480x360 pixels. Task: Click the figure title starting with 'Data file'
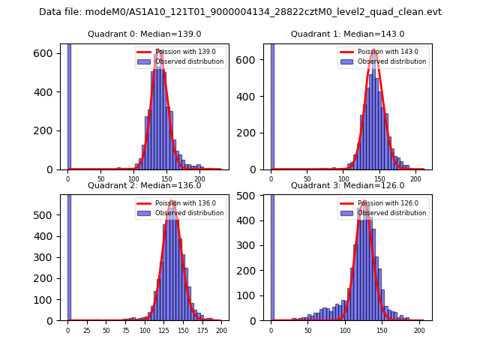tap(240, 12)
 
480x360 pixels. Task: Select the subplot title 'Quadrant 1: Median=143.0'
tap(347, 34)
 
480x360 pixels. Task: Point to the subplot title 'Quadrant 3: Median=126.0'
tap(347, 185)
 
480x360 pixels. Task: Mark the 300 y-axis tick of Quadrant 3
tap(253, 245)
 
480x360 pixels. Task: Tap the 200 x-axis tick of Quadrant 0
tap(199, 178)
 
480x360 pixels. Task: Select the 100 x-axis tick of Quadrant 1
tap(343, 178)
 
